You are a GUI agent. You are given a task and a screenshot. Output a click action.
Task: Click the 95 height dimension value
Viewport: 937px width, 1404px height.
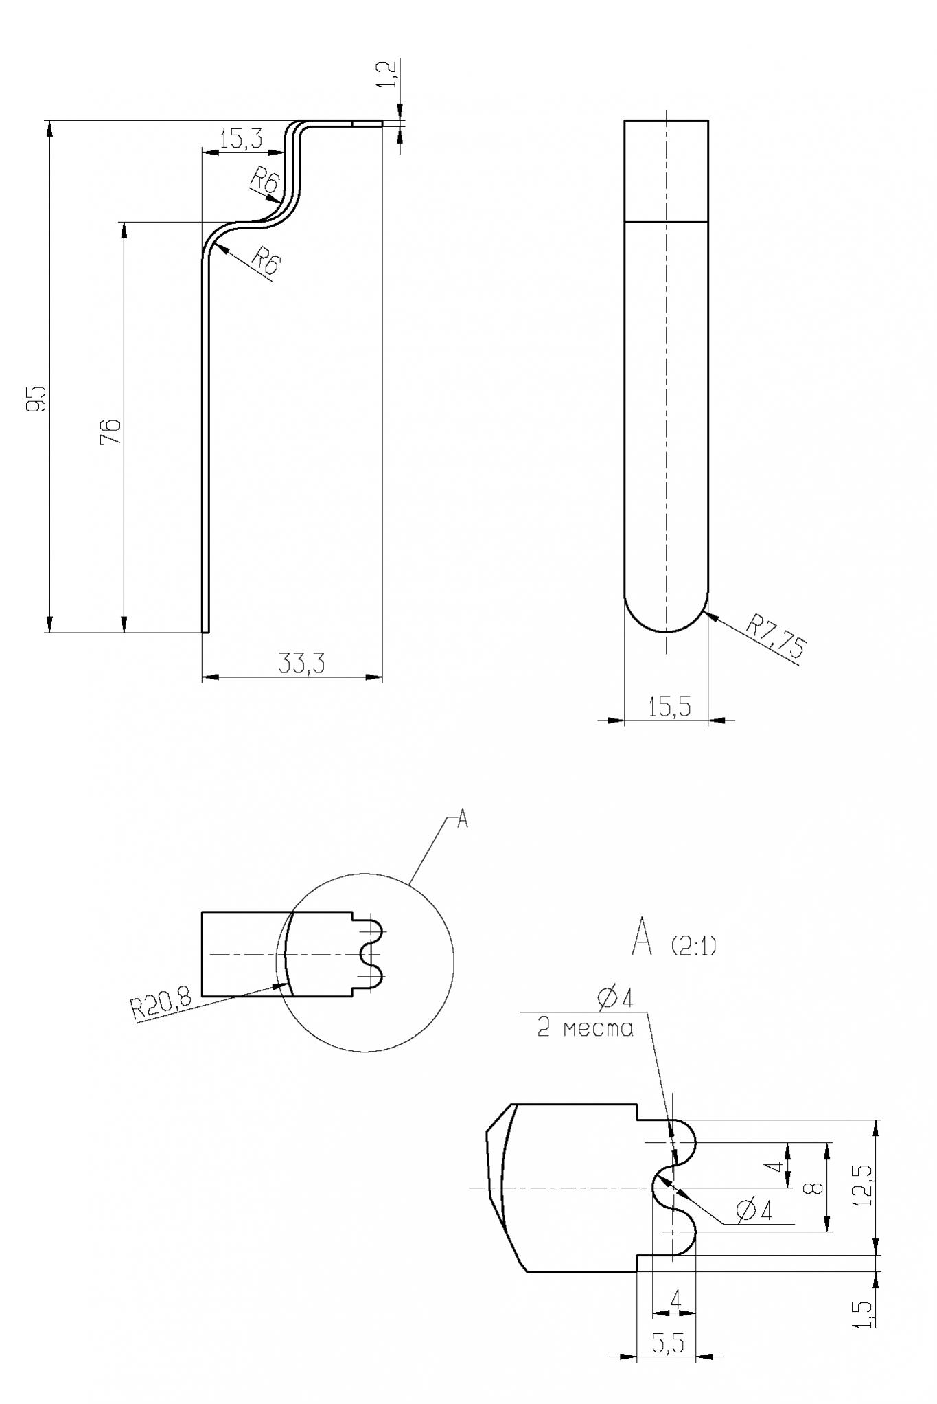pyautogui.click(x=38, y=398)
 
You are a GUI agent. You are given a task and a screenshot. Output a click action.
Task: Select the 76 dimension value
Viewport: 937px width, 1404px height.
pyautogui.click(x=111, y=431)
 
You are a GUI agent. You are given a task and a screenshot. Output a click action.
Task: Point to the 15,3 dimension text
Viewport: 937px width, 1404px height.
pyautogui.click(x=241, y=139)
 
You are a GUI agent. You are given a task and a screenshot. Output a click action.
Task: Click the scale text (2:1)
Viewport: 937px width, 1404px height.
pyautogui.click(x=693, y=947)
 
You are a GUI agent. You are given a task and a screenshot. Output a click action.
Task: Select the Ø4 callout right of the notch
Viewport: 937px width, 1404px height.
pyautogui.click(x=753, y=1211)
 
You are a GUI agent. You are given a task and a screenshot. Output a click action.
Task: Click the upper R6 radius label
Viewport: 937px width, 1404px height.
pyautogui.click(x=264, y=181)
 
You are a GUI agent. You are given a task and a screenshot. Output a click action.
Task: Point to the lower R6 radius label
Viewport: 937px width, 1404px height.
pyautogui.click(x=265, y=262)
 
